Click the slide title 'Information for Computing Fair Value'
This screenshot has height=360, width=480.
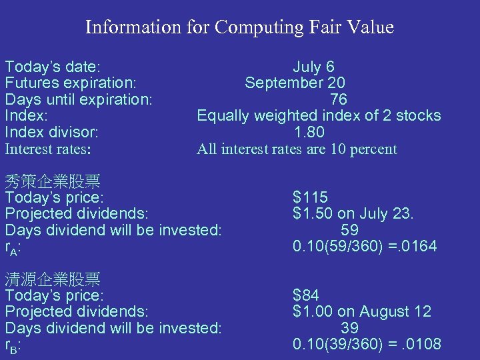point(239,27)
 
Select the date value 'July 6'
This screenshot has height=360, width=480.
point(313,67)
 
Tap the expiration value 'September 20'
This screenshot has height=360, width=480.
point(295,83)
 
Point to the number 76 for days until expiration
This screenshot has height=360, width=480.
point(339,99)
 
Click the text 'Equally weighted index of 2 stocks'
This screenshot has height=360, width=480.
point(319,115)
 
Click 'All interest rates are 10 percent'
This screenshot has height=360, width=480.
point(297,149)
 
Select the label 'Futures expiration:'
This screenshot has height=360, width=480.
point(71,83)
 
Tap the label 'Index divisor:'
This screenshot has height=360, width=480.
point(52,132)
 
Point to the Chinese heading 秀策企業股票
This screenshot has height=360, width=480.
point(53,181)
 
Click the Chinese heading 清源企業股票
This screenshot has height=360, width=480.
point(53,279)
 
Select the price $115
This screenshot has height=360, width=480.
point(310,197)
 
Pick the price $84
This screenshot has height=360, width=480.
point(306,295)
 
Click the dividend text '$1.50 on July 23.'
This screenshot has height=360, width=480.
point(353,213)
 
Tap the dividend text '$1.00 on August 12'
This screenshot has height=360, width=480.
point(362,311)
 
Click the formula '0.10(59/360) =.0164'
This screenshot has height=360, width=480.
point(365,247)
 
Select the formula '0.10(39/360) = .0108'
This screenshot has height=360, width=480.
point(367,344)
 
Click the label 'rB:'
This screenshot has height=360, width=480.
point(13,345)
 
